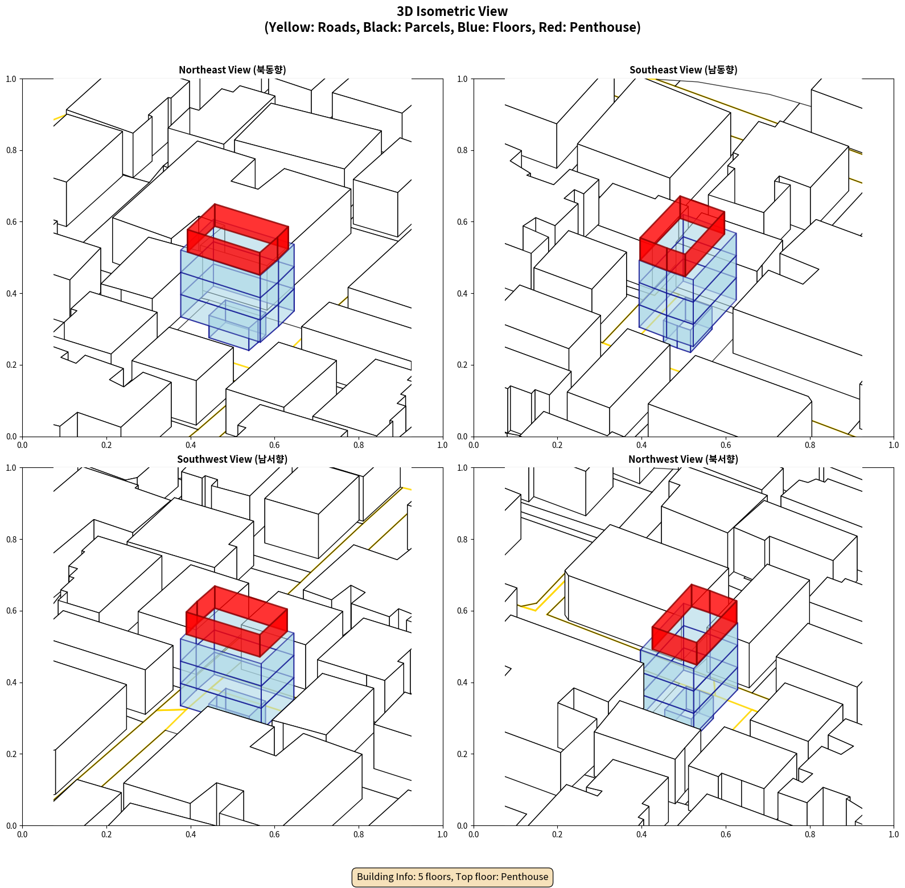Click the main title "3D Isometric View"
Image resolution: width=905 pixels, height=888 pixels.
tap(452, 11)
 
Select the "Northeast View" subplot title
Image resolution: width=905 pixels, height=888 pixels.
tap(232, 70)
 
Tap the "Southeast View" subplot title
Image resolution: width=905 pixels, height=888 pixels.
tap(683, 70)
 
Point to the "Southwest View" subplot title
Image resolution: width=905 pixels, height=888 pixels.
tap(232, 459)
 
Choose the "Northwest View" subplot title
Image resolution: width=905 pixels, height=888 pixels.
tap(683, 459)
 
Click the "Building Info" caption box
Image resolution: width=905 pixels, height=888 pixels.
tap(452, 877)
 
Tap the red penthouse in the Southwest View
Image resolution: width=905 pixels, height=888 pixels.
tap(237, 621)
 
